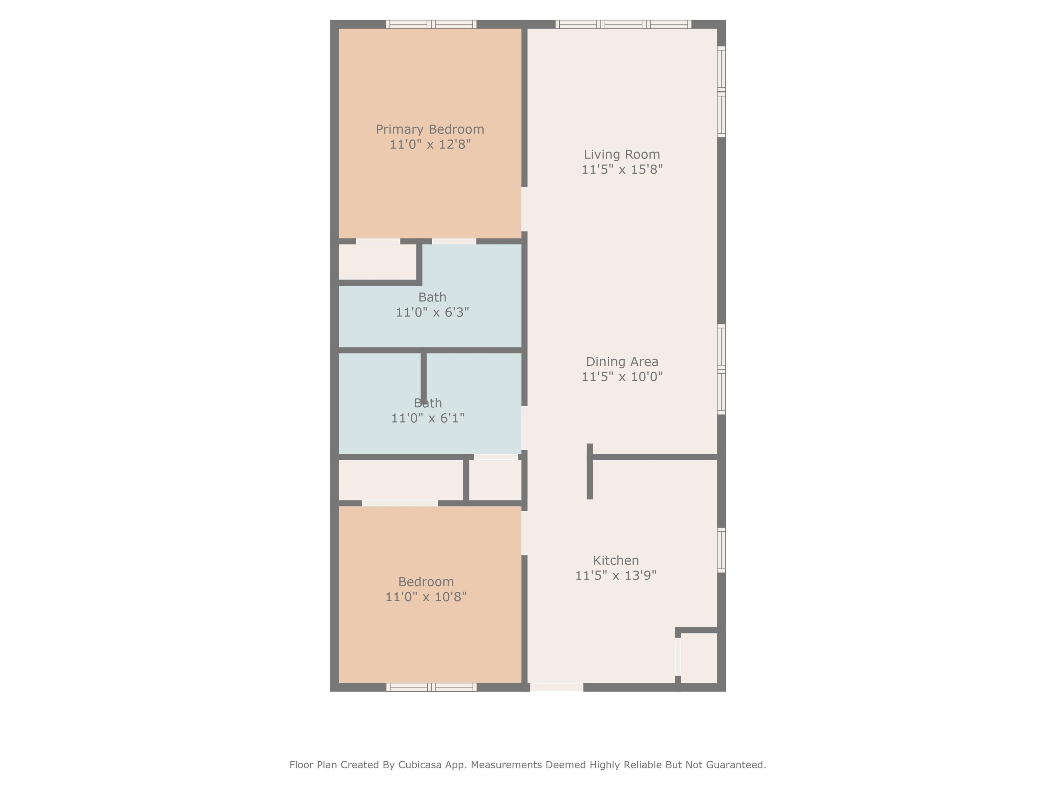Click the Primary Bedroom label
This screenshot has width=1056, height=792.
[x=430, y=129]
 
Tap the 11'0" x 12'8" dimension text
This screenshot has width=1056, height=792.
[x=430, y=144]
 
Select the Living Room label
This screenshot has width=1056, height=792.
[x=621, y=154]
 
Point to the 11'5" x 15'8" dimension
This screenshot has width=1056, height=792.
[x=621, y=169]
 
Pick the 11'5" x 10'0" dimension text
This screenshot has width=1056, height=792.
[x=621, y=377]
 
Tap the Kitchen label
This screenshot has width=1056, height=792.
[x=615, y=560]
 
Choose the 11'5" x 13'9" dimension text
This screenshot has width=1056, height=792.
[x=615, y=575]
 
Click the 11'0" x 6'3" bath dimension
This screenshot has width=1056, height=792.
[x=432, y=312]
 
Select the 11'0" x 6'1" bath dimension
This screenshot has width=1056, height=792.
[x=428, y=418]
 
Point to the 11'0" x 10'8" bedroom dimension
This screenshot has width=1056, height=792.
[x=426, y=597]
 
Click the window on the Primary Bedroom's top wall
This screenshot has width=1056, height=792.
[x=431, y=24]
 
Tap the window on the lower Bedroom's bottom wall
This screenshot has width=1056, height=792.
[x=431, y=687]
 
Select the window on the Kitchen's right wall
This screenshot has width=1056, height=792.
[x=721, y=550]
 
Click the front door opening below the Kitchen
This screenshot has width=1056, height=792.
[x=557, y=687]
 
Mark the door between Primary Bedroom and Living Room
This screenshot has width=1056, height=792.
[x=524, y=209]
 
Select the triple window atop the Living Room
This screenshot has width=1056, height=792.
[x=623, y=24]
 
